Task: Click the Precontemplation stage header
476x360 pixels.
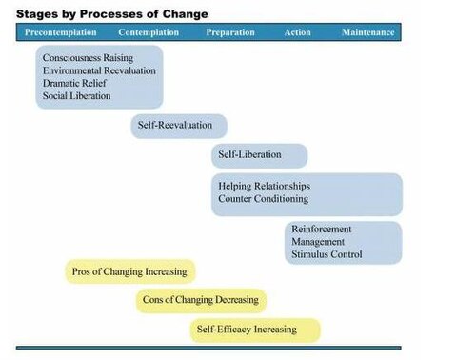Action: click(61, 32)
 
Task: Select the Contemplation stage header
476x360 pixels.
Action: click(149, 32)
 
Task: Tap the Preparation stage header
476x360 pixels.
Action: click(230, 32)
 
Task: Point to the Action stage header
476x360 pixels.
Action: click(298, 32)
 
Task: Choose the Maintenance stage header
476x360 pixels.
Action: click(368, 32)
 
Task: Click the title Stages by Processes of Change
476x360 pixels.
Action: click(112, 14)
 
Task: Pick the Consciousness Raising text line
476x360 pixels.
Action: click(88, 58)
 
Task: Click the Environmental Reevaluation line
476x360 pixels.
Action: click(99, 70)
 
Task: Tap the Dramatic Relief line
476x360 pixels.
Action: click(74, 83)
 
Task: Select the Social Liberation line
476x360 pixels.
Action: click(76, 96)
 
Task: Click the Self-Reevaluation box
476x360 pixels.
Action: click(179, 126)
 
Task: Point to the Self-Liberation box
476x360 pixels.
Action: click(260, 155)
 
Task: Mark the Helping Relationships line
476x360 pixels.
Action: click(265, 186)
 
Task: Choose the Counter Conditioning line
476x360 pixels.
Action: click(264, 199)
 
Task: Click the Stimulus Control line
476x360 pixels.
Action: click(327, 254)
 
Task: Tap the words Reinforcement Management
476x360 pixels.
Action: click(322, 235)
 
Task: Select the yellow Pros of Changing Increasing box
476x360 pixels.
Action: click(130, 271)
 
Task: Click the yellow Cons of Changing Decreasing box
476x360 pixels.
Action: click(201, 301)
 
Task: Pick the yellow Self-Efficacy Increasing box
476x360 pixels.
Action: click(255, 330)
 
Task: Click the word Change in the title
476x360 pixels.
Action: click(186, 14)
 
